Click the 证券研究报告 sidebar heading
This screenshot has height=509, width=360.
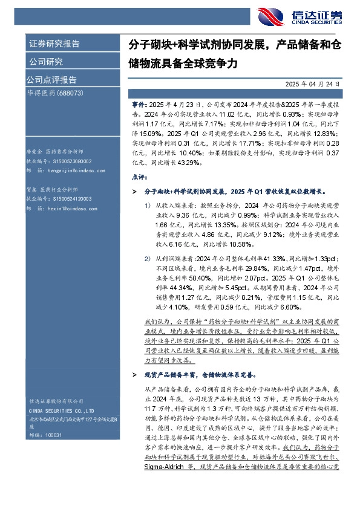point(54,44)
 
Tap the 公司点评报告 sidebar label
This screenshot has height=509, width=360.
point(51,79)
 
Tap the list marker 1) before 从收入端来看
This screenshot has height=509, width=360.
point(148,205)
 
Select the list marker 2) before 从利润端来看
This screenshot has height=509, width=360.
point(148,258)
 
